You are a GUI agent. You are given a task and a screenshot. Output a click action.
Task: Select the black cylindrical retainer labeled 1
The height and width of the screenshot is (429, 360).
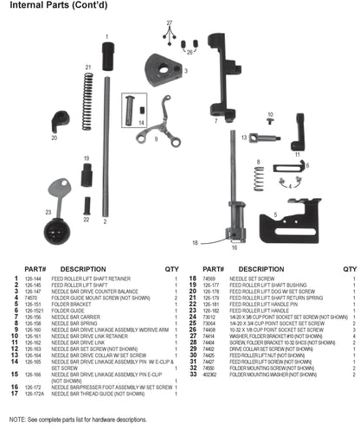point(107,57)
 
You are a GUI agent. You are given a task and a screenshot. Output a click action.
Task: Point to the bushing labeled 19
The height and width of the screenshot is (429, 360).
point(87,176)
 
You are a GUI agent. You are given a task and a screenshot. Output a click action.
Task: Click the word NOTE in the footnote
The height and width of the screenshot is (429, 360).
point(16,419)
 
